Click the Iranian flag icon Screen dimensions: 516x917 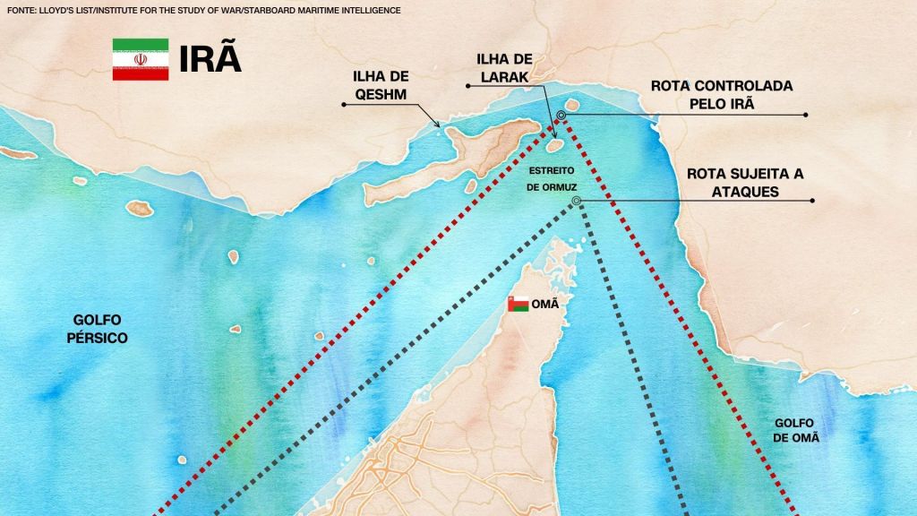141,59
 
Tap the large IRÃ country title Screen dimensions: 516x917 210,59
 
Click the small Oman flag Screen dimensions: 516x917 517,304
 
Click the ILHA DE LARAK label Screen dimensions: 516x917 503,67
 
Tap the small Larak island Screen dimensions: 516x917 554,144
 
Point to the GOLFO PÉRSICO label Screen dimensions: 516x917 101,329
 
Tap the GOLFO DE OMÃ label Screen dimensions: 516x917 797,430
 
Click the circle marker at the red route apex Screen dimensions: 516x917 561,115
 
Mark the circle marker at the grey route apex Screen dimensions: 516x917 576,201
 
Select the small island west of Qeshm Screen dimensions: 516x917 139,208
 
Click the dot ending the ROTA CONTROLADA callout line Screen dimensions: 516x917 806,115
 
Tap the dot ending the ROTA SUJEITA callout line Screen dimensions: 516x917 806,201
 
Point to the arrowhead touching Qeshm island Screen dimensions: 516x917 439,125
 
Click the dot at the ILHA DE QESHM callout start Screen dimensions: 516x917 344,105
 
